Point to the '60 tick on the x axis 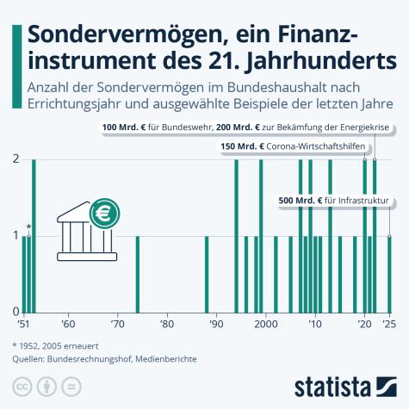pyautogui.click(x=68, y=325)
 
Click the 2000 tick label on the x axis pyautogui.click(x=267, y=325)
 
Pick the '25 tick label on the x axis pyautogui.click(x=389, y=325)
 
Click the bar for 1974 pyautogui.click(x=138, y=273)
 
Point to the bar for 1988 pyautogui.click(x=207, y=273)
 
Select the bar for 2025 pyautogui.click(x=389, y=273)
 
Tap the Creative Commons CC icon pyautogui.click(x=20, y=384)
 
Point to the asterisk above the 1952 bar pyautogui.click(x=29, y=226)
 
